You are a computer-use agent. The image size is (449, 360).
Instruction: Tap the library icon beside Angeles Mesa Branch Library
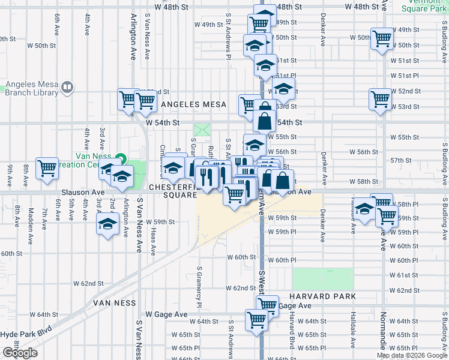click(67, 88)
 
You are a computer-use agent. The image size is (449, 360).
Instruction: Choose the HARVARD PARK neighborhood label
click(322, 296)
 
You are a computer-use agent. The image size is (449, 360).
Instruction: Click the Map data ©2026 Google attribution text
click(412, 355)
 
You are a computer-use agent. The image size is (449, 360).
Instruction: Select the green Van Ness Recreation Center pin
click(121, 159)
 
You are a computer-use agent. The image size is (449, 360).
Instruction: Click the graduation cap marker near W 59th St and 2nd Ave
click(108, 225)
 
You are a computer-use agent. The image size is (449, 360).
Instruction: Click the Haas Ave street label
click(154, 243)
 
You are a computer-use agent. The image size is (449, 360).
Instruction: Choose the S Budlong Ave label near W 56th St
click(445, 162)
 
